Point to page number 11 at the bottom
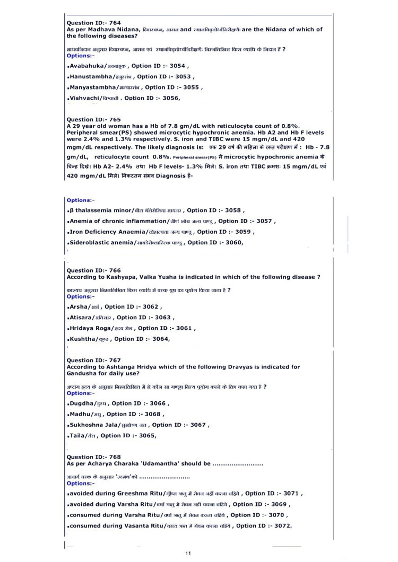pyautogui.click(x=188, y=554)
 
